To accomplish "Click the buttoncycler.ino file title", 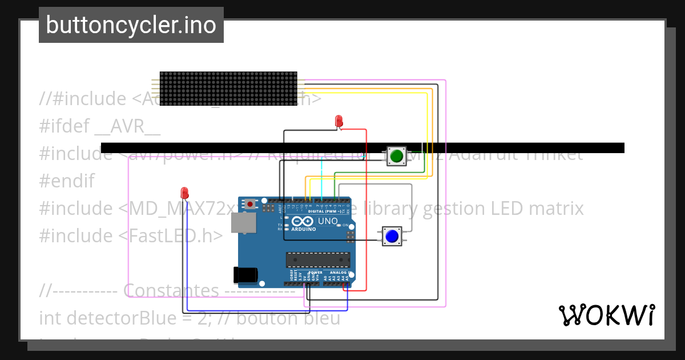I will pyautogui.click(x=131, y=25).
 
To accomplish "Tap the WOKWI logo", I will pyautogui.click(x=606, y=315).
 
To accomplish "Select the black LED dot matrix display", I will pyautogui.click(x=228, y=89).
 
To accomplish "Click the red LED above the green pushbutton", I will pyautogui.click(x=339, y=121).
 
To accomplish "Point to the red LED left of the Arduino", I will pyautogui.click(x=184, y=193).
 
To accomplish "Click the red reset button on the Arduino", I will pyautogui.click(x=250, y=203).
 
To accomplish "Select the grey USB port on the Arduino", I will pyautogui.click(x=243, y=223).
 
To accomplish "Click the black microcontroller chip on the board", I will pyautogui.click(x=318, y=260).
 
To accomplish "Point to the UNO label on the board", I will pyautogui.click(x=328, y=221).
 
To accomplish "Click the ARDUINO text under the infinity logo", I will pyautogui.click(x=303, y=229).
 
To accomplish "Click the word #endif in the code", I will pyautogui.click(x=67, y=181).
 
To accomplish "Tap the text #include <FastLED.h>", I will pyautogui.click(x=131, y=235).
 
